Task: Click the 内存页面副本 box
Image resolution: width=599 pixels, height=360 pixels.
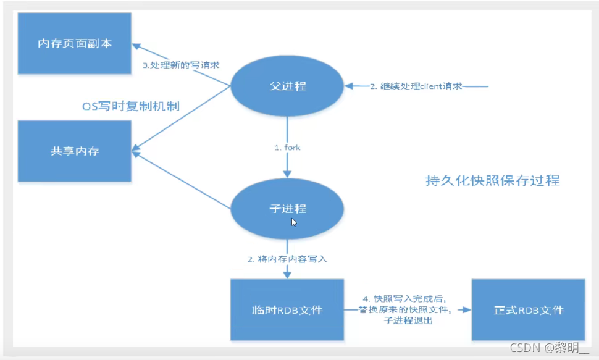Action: click(74, 44)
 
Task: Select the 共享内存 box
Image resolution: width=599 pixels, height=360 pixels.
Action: click(74, 151)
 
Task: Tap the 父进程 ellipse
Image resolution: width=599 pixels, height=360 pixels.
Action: click(287, 86)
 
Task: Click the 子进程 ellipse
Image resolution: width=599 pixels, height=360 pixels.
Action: click(287, 209)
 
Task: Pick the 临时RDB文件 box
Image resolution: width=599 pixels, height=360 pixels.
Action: click(287, 309)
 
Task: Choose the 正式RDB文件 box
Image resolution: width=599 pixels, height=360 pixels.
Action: click(528, 309)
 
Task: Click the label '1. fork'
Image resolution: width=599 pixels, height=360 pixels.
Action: click(288, 148)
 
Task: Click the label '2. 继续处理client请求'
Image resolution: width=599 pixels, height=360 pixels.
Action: click(416, 86)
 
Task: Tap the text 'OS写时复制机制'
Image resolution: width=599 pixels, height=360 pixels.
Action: click(131, 106)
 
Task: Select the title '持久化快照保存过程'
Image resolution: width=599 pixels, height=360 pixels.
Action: click(492, 181)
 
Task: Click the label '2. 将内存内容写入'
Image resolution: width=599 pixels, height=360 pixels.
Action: click(287, 259)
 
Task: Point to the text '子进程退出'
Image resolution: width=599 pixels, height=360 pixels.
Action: click(408, 321)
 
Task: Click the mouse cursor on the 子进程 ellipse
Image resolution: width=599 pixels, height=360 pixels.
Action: click(294, 222)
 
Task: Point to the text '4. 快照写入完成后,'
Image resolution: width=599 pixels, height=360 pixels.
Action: click(408, 299)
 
